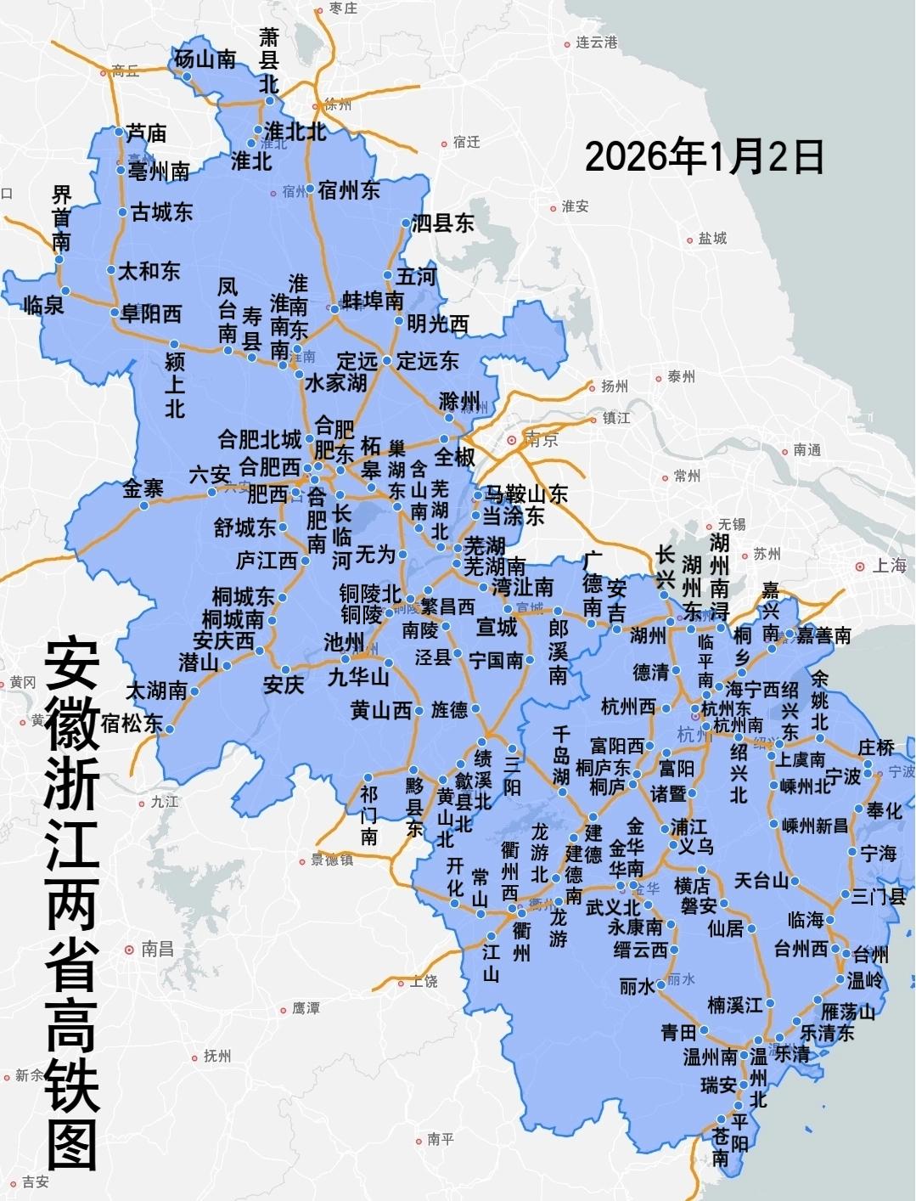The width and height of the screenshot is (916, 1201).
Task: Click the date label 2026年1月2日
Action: pos(704,156)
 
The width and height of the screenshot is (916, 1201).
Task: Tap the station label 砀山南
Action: pos(205,59)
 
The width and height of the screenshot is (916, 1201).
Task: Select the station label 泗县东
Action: pos(442,223)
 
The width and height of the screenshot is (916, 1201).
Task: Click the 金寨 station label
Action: pos(143,488)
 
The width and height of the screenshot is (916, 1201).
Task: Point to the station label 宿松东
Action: pos(132,723)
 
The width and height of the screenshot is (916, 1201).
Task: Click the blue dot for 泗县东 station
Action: pos(406,223)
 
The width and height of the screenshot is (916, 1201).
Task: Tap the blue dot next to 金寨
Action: pos(144,506)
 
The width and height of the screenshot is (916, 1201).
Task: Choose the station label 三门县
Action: pos(879,896)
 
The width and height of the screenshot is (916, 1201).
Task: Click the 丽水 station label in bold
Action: pos(636,986)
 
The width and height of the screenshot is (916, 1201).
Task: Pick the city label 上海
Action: pos(890,566)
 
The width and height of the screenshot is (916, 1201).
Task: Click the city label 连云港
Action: pos(596,42)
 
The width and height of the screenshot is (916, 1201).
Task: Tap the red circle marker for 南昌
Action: pos(129,950)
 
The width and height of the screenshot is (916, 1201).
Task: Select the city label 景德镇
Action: pos(332,860)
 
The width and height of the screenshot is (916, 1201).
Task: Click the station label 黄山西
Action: pos(381,710)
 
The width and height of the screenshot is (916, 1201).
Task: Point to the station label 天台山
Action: pos(761,881)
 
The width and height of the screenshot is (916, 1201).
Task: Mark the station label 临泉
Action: pos(43,305)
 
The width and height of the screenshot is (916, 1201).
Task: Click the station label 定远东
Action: pos(427,361)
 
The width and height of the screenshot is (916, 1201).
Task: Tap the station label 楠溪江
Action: pos(735,1006)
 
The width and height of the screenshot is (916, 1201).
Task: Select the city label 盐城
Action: pos(712,239)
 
